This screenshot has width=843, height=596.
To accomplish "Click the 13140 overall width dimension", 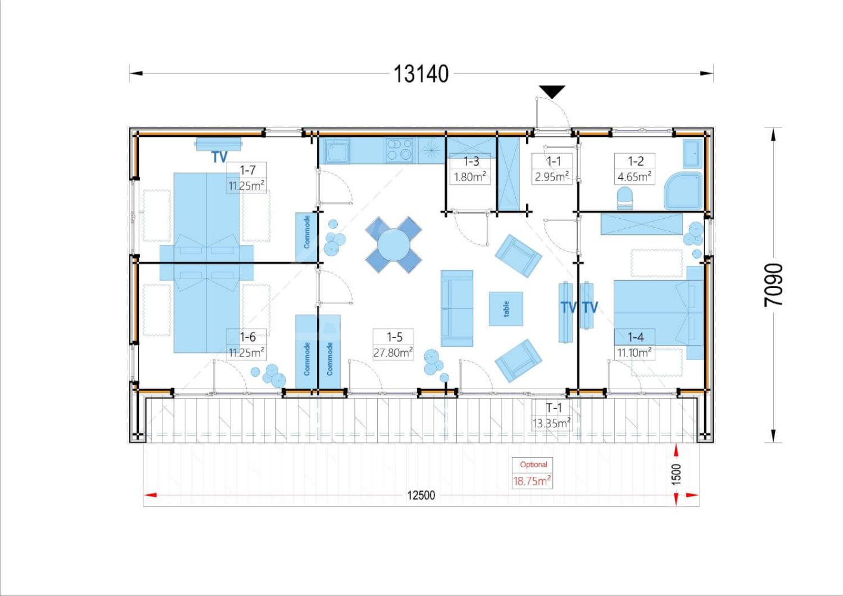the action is [x=421, y=74].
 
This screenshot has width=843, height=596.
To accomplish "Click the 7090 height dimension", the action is [x=774, y=285].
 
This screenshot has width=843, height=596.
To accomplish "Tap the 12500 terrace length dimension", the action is [x=421, y=495].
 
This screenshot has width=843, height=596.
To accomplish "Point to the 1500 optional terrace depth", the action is [x=676, y=474].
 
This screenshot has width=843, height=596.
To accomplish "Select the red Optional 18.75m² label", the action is [x=532, y=473].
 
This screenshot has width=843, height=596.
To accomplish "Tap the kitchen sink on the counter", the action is [x=337, y=151].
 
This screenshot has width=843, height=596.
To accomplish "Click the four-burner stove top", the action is [x=399, y=150].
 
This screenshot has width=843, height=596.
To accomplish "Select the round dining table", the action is [x=394, y=245].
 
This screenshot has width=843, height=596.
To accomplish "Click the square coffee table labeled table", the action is [x=506, y=309].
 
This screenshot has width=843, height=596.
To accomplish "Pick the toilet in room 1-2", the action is [x=625, y=198].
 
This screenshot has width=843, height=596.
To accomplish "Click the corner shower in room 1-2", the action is [x=683, y=191].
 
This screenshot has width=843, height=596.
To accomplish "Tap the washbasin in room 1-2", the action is [x=692, y=153].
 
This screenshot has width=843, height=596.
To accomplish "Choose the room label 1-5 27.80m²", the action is [x=393, y=344].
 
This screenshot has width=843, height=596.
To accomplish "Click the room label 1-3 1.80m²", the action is [x=470, y=169].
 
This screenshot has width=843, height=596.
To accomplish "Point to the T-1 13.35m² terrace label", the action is [x=552, y=415].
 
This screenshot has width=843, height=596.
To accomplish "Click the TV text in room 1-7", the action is [x=219, y=157].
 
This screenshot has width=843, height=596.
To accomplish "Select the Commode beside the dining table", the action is [x=307, y=237].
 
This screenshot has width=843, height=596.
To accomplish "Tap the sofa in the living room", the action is [x=457, y=308].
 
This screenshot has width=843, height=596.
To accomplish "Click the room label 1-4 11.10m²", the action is [x=634, y=344].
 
